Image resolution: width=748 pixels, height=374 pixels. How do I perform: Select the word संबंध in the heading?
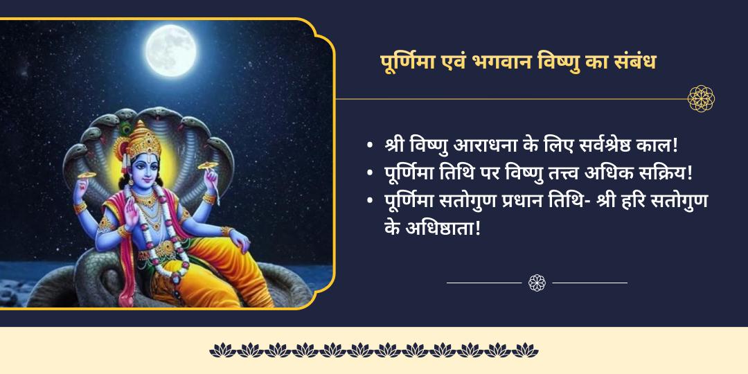point(631,62)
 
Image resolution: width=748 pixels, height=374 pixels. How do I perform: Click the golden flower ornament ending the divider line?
point(701,98)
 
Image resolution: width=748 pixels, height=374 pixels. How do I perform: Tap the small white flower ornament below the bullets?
point(537,283)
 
